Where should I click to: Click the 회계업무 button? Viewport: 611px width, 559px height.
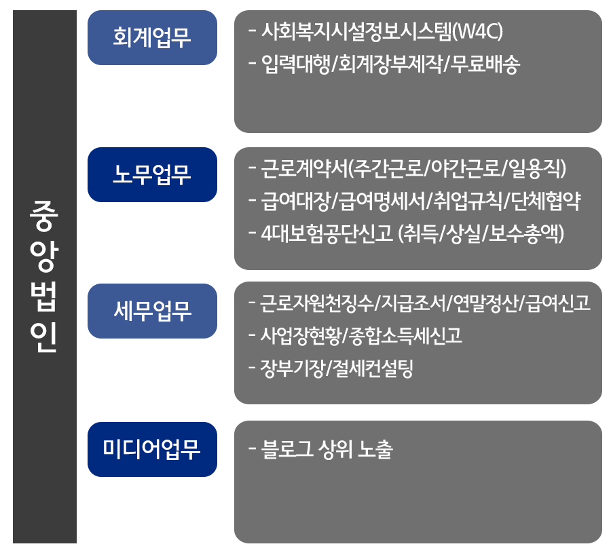click(x=152, y=38)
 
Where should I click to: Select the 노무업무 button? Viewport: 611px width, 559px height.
click(x=152, y=174)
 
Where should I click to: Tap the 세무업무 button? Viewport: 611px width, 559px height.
click(x=152, y=311)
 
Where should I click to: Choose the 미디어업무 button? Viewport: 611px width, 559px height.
click(x=152, y=449)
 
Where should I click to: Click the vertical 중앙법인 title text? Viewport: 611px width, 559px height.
click(x=44, y=277)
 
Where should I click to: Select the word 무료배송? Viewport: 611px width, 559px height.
click(x=485, y=64)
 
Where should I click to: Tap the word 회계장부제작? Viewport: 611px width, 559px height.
click(x=390, y=64)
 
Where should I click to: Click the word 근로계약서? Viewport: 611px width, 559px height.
click(x=303, y=168)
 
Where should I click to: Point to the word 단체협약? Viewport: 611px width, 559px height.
click(x=546, y=201)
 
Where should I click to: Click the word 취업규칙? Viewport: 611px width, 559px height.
click(x=468, y=201)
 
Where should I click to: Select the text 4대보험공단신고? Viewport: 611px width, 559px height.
click(x=327, y=233)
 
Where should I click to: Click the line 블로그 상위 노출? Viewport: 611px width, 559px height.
click(x=327, y=449)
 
